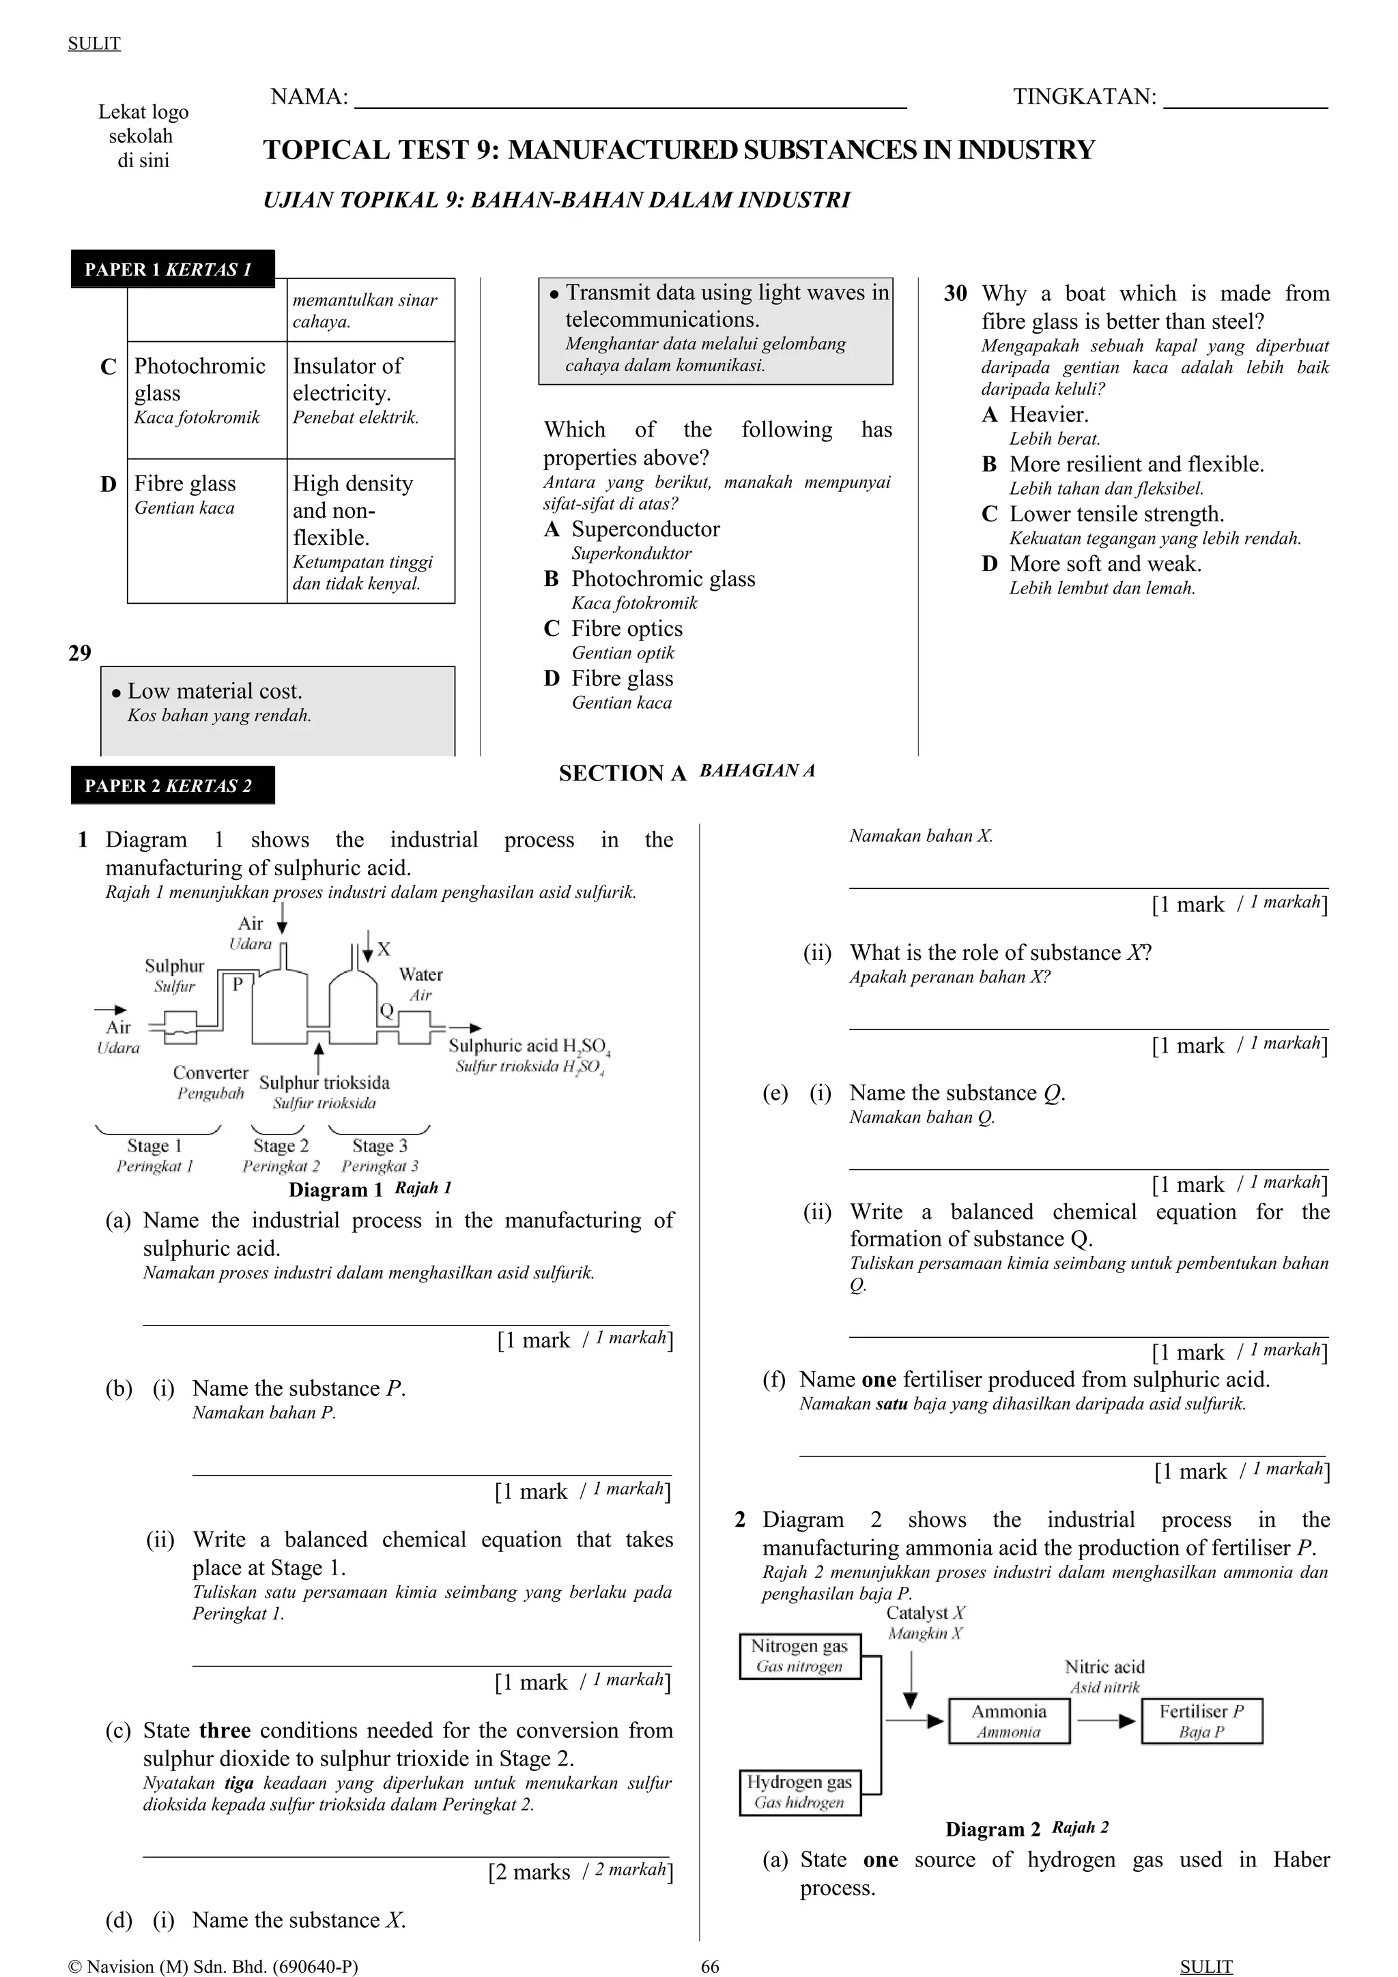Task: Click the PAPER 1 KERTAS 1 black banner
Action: [x=172, y=269]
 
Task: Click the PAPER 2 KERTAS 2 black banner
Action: [x=172, y=785]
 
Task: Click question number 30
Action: [x=955, y=293]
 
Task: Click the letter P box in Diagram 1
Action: [x=238, y=983]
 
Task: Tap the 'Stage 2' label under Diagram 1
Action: [x=280, y=1146]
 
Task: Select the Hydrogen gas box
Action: [x=799, y=1792]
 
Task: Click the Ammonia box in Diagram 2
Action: [x=1009, y=1721]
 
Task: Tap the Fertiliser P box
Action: [x=1201, y=1721]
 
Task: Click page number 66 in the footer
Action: [x=710, y=1966]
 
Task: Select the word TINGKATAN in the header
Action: [x=1083, y=96]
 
